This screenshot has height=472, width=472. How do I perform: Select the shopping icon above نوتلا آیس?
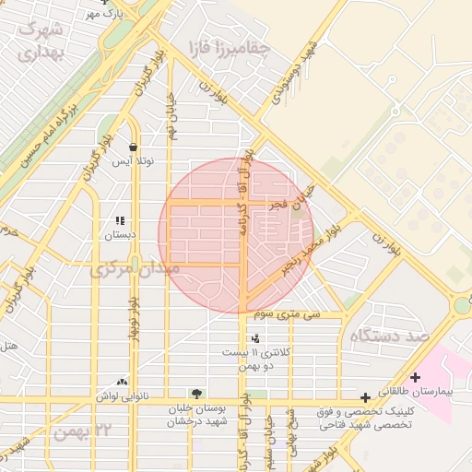[x=134, y=147]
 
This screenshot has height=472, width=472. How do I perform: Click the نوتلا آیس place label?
[x=134, y=161]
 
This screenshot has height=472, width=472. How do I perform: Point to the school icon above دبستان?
[x=120, y=220]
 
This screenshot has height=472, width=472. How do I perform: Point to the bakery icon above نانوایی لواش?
[x=122, y=382]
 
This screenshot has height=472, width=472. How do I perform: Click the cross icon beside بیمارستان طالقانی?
[x=415, y=377]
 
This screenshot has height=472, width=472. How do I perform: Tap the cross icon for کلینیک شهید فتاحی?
[x=366, y=397]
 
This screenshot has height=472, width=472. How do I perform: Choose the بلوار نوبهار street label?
[x=134, y=313]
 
